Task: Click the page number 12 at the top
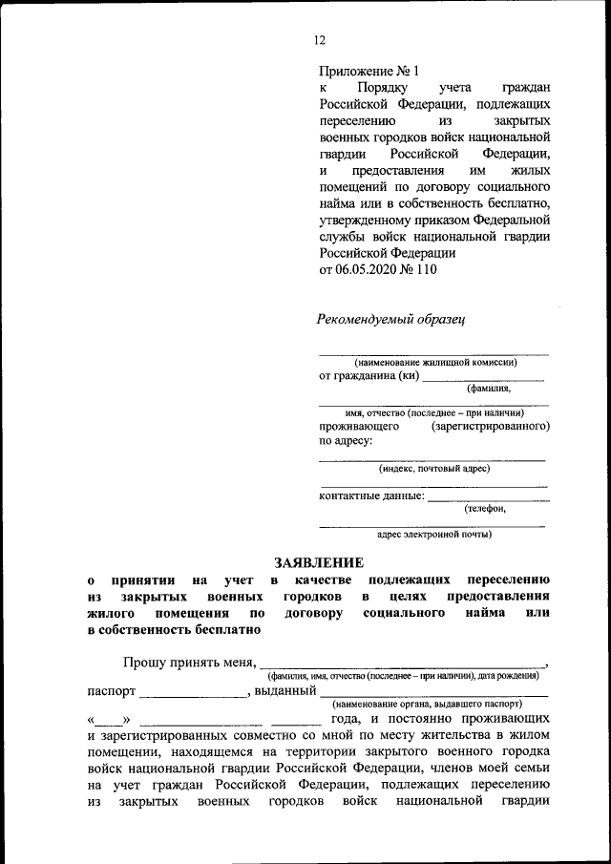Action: [319, 39]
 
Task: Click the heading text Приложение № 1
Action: [369, 71]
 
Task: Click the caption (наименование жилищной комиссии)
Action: [435, 363]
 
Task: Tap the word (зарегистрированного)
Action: [490, 426]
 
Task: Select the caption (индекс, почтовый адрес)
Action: [433, 469]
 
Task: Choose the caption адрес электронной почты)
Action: [434, 535]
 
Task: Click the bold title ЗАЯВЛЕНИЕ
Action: [319, 562]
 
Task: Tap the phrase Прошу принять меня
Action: [189, 662]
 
